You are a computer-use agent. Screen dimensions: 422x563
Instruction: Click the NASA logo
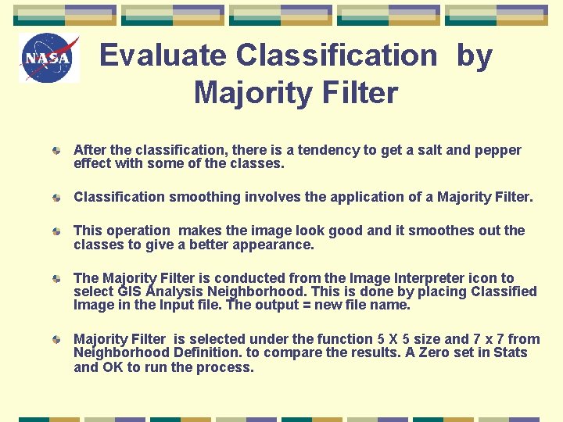pyautogui.click(x=49, y=58)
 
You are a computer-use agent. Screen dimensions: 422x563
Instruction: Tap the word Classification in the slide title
pyautogui.click(x=337, y=55)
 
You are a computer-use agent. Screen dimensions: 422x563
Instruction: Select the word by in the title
pyautogui.click(x=475, y=55)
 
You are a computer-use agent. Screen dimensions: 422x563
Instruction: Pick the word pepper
pyautogui.click(x=496, y=150)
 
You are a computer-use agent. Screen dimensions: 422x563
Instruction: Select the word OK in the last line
pyautogui.click(x=113, y=367)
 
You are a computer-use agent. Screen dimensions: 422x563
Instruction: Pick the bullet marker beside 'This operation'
pyautogui.click(x=58, y=231)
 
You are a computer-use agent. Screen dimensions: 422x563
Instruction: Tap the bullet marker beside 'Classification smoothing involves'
pyautogui.click(x=58, y=198)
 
